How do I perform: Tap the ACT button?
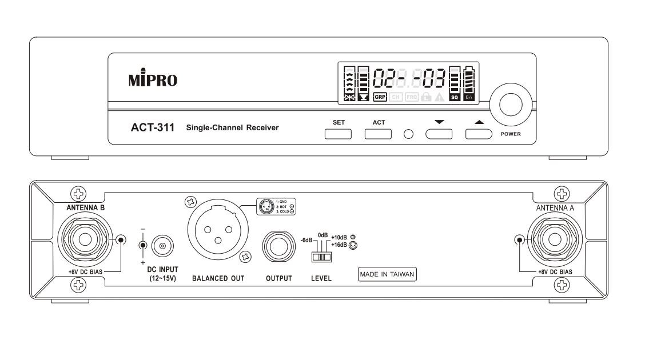coord(378,134)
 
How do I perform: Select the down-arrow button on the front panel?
coord(439,134)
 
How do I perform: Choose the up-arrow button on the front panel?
coord(479,134)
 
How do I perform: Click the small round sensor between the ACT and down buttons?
coord(408,134)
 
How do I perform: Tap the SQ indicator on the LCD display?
coord(455,97)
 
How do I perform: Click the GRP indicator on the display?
coord(380,97)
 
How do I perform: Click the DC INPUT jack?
coord(162,246)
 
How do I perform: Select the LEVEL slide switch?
coord(322,257)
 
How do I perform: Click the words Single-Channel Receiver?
coord(232,127)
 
